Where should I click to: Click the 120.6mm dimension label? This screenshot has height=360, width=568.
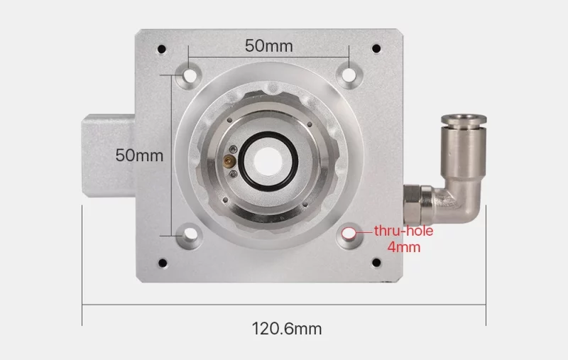287,329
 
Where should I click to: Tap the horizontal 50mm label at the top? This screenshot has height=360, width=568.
269,46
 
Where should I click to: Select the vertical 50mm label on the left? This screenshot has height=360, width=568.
139,156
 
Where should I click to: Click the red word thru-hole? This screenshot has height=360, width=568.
403,231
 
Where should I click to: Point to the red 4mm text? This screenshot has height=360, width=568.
404,247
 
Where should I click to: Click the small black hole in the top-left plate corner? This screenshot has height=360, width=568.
162,49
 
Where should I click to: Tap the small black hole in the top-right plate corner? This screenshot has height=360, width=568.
376,48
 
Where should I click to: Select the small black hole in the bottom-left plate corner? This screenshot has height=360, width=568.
163,263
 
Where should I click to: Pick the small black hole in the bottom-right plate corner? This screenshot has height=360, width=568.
376,262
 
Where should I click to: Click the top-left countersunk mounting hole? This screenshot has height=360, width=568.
189,75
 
